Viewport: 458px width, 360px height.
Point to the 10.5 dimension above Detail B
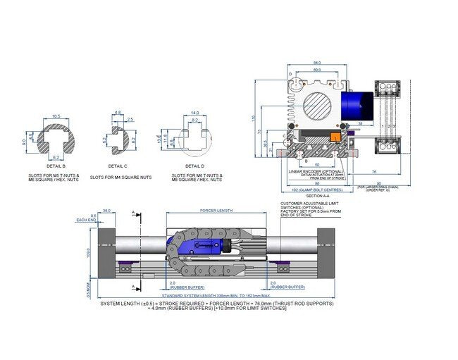point(57,116)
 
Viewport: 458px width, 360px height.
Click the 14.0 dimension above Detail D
point(195,112)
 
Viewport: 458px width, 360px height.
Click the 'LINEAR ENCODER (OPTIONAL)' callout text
point(314,170)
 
